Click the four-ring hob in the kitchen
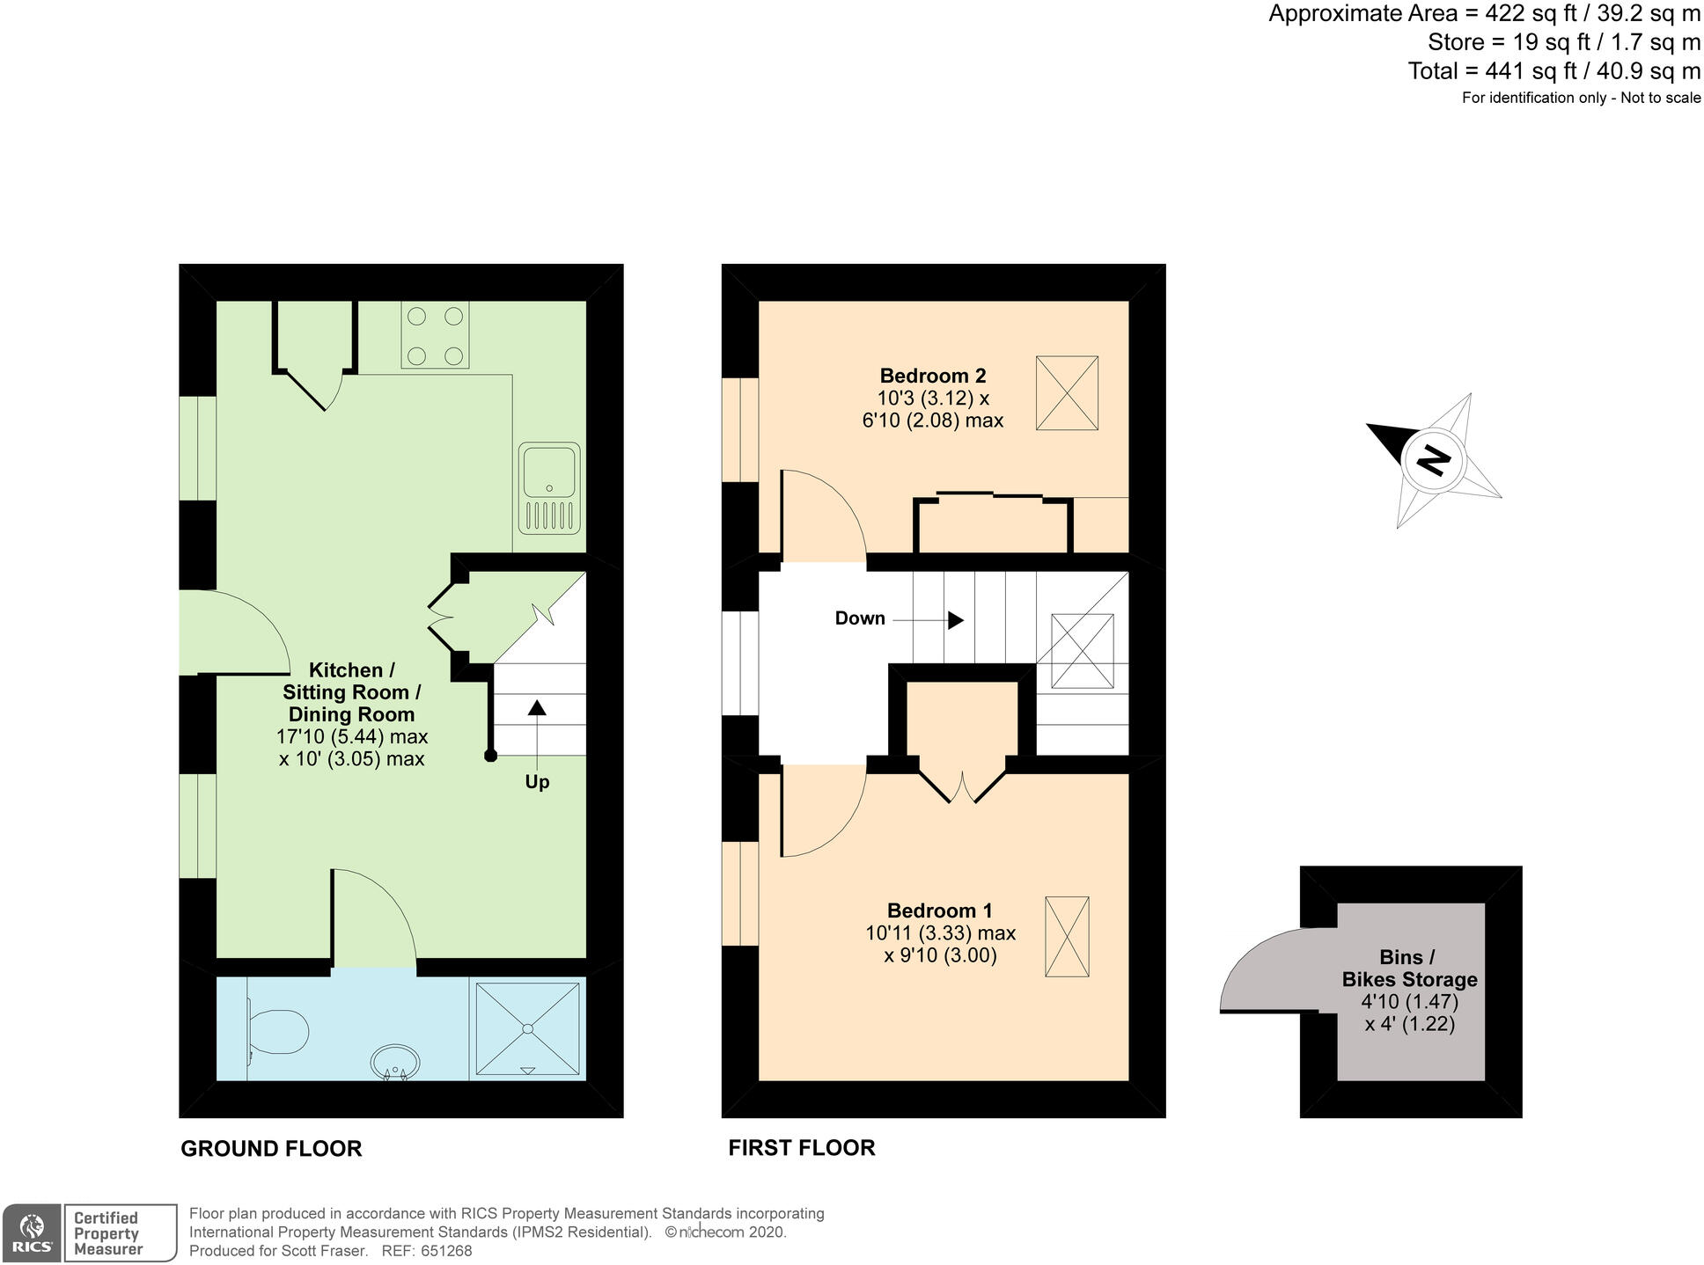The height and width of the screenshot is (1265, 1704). pyautogui.click(x=435, y=335)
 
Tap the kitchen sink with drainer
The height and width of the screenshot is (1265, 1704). pyautogui.click(x=549, y=488)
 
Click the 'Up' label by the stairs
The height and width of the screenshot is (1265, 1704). pyautogui.click(x=537, y=782)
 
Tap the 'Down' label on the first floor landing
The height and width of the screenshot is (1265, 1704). pyautogui.click(x=859, y=618)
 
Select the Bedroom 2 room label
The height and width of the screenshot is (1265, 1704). pyautogui.click(x=932, y=376)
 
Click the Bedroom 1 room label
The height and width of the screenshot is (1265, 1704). pyautogui.click(x=932, y=910)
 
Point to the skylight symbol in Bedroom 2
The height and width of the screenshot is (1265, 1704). pyautogui.click(x=1067, y=392)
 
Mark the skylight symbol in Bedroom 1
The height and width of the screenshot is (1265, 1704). pyautogui.click(x=1067, y=936)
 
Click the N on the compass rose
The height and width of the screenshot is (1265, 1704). pyautogui.click(x=1434, y=461)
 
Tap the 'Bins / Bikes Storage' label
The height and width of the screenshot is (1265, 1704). pyautogui.click(x=1409, y=969)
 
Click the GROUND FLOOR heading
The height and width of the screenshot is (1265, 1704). pyautogui.click(x=271, y=1149)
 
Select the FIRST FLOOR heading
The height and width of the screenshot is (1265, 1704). pyautogui.click(x=801, y=1148)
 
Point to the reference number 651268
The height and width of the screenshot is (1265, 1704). pyautogui.click(x=446, y=1251)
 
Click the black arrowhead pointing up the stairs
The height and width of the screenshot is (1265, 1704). pyautogui.click(x=536, y=707)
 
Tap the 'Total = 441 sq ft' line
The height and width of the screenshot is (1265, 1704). pyautogui.click(x=1553, y=70)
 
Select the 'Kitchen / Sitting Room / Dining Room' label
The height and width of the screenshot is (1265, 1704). pyautogui.click(x=351, y=692)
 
